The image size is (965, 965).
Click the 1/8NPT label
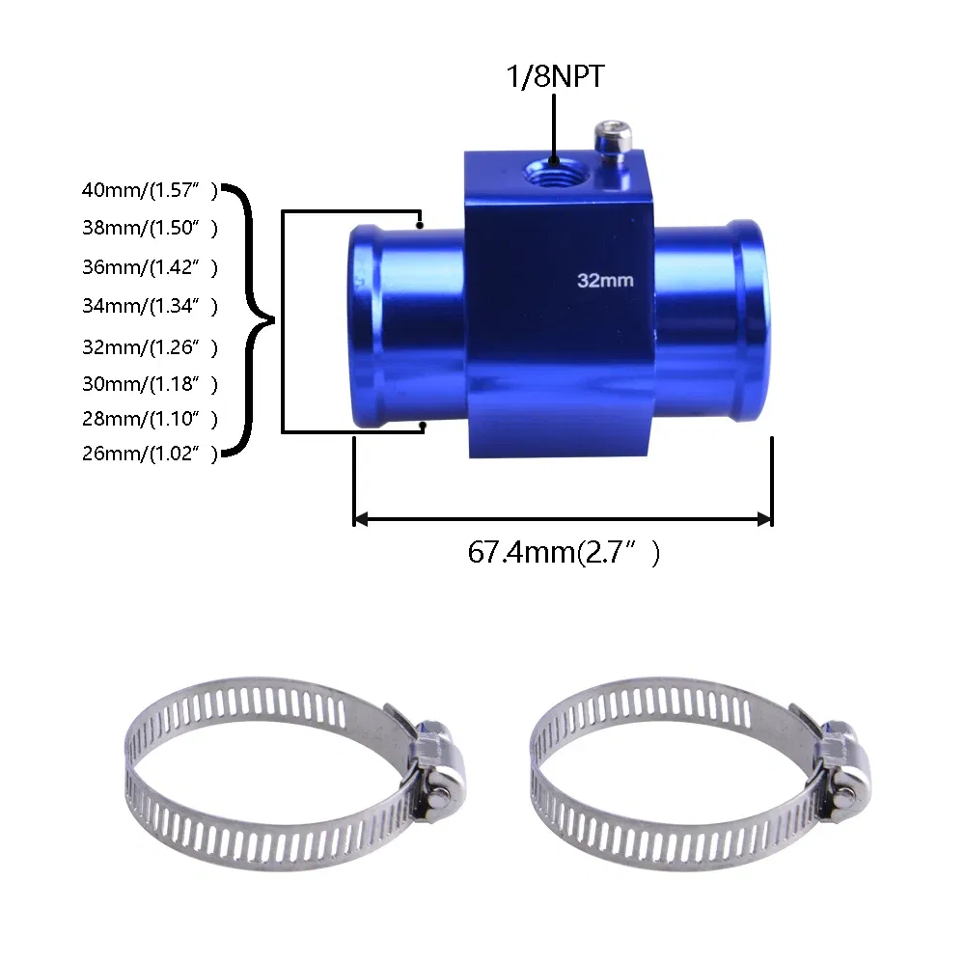(x=555, y=77)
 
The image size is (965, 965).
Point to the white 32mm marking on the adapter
(x=604, y=281)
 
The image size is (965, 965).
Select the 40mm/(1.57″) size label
(x=151, y=191)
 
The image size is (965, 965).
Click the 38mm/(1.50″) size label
(x=151, y=229)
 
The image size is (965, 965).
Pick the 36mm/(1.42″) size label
(x=151, y=267)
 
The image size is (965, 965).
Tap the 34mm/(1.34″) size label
(x=151, y=307)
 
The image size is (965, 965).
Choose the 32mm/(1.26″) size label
(x=151, y=346)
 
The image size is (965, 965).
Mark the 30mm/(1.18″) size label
(x=151, y=384)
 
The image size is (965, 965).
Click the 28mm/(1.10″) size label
(x=151, y=419)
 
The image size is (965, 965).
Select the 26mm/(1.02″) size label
(x=151, y=455)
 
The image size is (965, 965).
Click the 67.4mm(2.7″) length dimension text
(x=565, y=553)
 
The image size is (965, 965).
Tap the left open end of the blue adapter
(x=364, y=323)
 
